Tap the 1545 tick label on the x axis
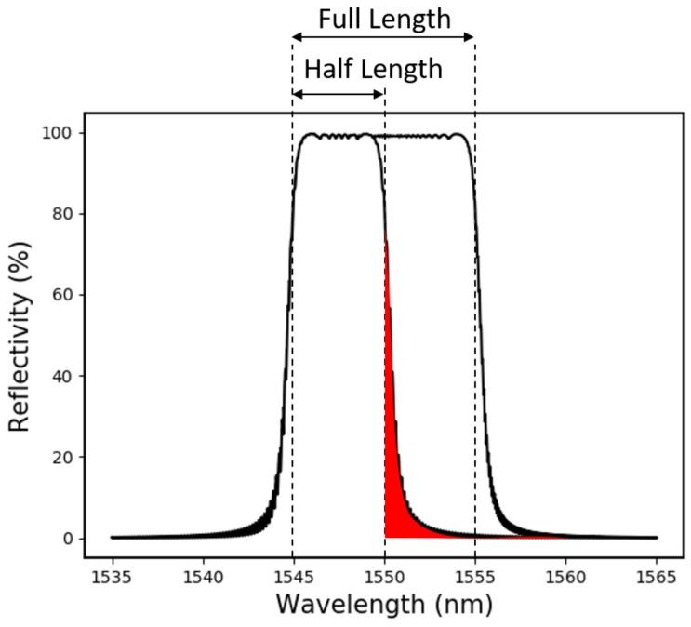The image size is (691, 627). (x=293, y=577)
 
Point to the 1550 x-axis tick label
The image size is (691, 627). (x=384, y=577)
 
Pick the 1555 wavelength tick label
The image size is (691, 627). (x=474, y=577)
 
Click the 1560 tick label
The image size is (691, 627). (x=565, y=577)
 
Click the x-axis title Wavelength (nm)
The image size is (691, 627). (x=384, y=605)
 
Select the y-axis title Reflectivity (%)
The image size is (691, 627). (x=20, y=335)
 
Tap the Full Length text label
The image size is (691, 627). (x=384, y=18)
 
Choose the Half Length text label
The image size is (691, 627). (x=373, y=69)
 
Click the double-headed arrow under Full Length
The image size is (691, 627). (x=383, y=37)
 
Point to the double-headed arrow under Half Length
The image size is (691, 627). (x=339, y=93)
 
